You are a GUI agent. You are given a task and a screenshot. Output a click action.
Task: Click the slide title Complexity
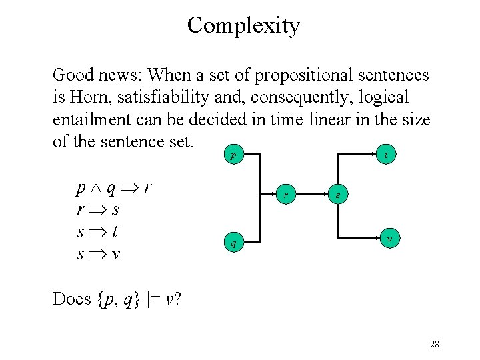(243, 25)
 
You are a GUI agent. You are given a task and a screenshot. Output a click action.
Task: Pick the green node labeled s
(338, 195)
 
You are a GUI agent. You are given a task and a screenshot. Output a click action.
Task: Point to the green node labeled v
(389, 238)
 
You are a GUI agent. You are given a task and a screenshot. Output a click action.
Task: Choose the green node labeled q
(233, 243)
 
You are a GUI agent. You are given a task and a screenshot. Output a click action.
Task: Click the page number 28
(434, 344)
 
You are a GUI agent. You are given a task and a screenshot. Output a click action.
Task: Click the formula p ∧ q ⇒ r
(113, 187)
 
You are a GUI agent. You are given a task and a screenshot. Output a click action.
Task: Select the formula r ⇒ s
(98, 209)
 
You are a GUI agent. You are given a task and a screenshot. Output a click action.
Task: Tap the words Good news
(96, 75)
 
